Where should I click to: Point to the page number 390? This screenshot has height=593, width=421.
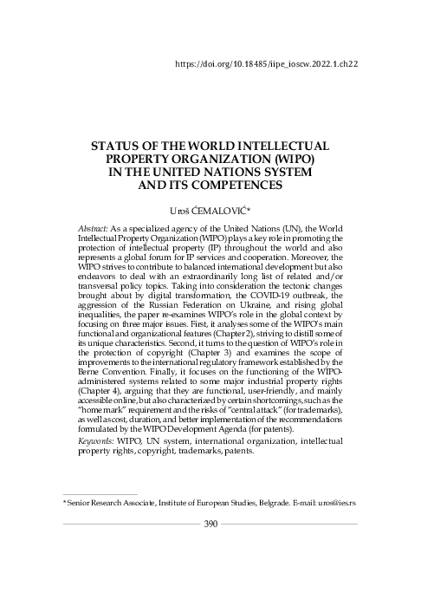pyautogui.click(x=210, y=523)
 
